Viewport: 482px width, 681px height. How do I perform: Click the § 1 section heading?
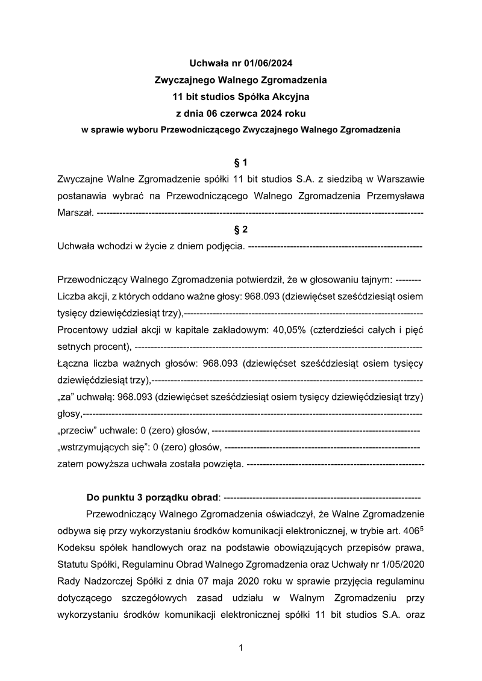[x=241, y=163]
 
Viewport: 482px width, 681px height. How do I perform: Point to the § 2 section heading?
[x=241, y=229]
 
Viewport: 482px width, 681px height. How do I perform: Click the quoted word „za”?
[x=65, y=397]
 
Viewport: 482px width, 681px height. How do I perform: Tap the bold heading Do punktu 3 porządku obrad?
[x=153, y=498]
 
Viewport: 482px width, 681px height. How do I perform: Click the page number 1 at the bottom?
[x=241, y=648]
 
